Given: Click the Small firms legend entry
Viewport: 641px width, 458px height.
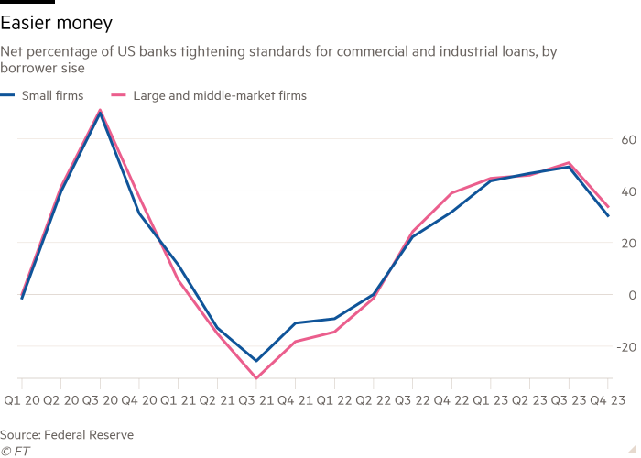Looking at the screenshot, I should [49, 94].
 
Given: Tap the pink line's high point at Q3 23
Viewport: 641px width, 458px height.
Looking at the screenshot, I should [570, 163].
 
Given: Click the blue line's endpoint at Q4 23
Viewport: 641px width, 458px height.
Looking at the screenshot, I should [609, 216].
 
